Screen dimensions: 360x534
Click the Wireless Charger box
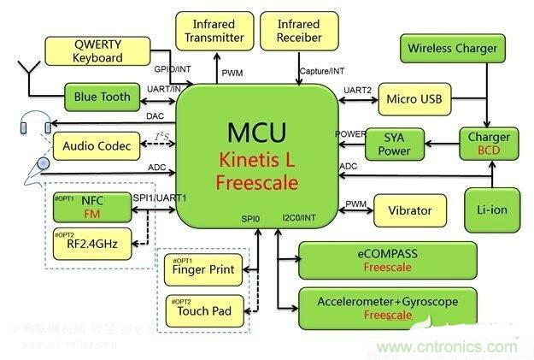452,49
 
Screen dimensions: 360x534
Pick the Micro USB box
414,100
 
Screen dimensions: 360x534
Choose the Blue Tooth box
103,97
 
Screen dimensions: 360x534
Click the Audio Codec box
97,146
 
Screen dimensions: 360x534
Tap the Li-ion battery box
493,209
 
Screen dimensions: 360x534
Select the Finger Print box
203,271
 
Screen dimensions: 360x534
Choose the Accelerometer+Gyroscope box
387,308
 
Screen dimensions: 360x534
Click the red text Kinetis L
257,159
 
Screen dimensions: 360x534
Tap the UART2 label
356,90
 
